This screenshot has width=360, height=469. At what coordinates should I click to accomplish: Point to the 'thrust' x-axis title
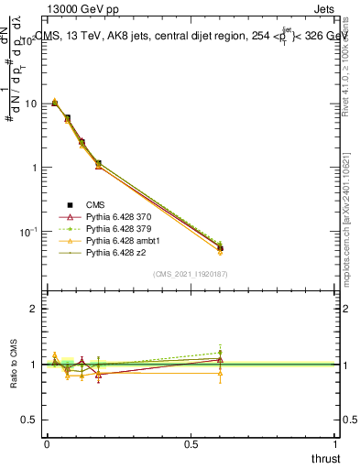[324, 457]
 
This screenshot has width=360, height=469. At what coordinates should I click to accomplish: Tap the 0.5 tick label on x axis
[191, 443]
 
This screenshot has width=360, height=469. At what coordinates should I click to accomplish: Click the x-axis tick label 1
[336, 443]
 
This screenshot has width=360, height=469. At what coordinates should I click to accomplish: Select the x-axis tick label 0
[47, 443]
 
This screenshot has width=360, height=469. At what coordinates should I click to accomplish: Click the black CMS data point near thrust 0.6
[220, 248]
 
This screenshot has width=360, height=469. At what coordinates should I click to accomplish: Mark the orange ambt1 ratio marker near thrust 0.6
[220, 373]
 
